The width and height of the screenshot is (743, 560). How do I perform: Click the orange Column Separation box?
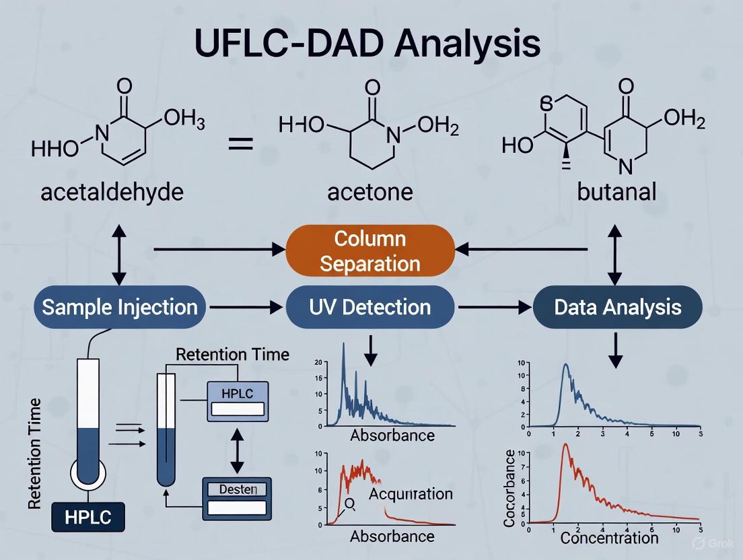371,250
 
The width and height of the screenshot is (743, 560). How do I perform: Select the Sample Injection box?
120,307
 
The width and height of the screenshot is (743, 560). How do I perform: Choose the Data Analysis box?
617,308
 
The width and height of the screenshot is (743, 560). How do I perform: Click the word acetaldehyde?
112,192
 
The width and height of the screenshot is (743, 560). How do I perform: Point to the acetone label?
370,192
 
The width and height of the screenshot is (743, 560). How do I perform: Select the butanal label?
616,192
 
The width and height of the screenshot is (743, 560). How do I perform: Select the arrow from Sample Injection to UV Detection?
246,308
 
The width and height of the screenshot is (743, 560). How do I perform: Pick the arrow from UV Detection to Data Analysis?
493,308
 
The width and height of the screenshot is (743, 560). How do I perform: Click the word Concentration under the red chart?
609,537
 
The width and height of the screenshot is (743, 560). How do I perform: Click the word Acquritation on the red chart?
411,493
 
